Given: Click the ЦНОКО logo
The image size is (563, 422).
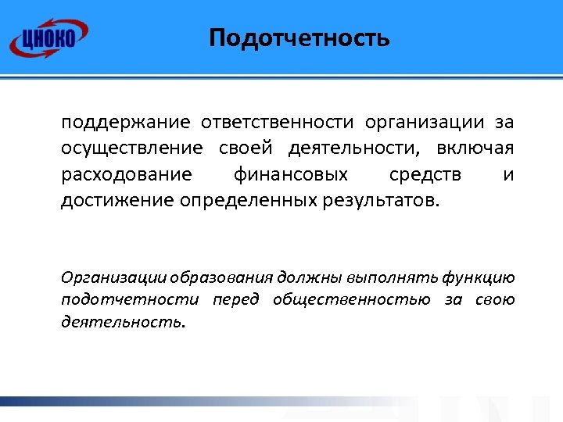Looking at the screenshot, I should [x=48, y=37].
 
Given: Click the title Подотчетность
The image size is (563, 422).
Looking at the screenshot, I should [x=299, y=38].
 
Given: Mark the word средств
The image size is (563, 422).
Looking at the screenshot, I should [x=429, y=174].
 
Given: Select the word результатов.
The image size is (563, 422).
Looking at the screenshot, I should [x=382, y=200].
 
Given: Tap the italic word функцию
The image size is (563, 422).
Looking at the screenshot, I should [x=478, y=277].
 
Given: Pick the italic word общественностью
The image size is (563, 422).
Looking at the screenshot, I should [x=352, y=299].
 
